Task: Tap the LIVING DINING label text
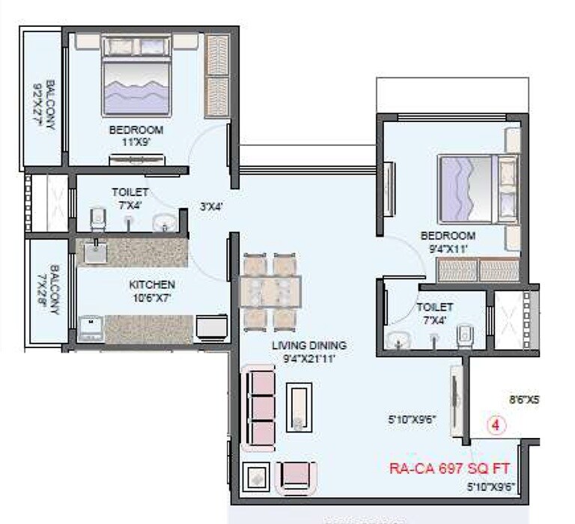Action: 308,346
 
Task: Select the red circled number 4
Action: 497,424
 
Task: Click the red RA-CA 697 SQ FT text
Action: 449,469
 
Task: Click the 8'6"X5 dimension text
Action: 523,400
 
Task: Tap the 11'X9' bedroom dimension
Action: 135,141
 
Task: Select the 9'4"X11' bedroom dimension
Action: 448,249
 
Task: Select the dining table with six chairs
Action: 270,291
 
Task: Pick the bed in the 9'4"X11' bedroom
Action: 476,188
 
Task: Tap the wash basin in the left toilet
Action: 162,223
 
